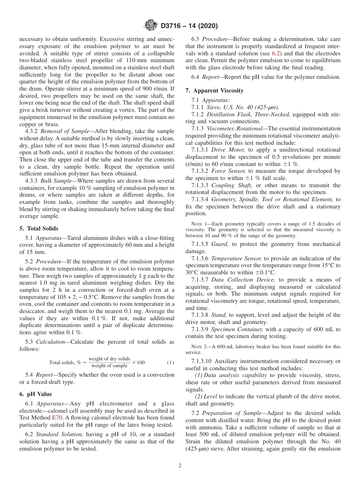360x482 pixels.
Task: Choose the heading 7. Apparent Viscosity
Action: tap(214, 91)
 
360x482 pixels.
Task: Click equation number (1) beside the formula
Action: tap(171, 363)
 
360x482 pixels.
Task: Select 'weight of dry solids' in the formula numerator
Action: tap(109, 359)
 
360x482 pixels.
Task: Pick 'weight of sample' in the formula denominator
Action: tap(109, 366)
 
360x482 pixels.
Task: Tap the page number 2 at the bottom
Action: tap(180, 466)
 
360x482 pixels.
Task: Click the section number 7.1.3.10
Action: tap(201, 361)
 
